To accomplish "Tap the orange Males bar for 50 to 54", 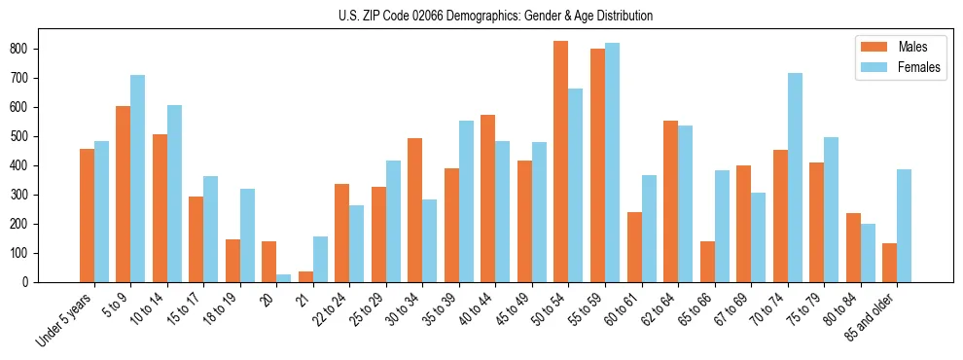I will (x=561, y=162).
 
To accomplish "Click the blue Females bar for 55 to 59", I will (x=612, y=162).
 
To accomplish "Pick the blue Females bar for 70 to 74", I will (x=795, y=177).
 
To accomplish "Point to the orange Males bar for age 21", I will (x=305, y=276).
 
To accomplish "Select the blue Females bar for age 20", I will (x=283, y=278).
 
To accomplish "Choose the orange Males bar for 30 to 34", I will (x=414, y=210).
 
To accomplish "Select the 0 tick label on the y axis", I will (x=31, y=282).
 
